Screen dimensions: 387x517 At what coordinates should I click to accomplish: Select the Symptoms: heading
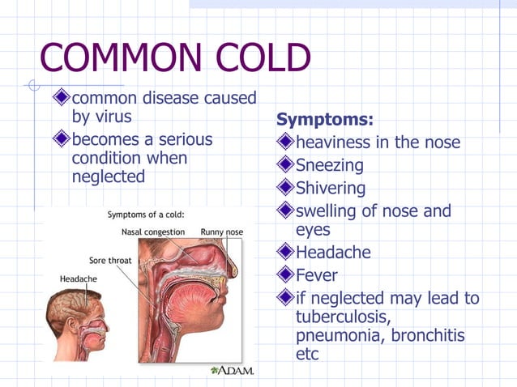[x=325, y=120]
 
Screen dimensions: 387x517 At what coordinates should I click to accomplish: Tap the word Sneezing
[x=330, y=165]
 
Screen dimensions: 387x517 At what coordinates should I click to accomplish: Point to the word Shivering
[x=331, y=189]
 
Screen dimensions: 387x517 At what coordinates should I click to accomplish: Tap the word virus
[x=111, y=117]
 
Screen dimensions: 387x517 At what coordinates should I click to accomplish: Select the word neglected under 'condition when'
[x=108, y=176]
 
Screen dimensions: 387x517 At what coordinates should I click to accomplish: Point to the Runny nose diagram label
[x=221, y=232]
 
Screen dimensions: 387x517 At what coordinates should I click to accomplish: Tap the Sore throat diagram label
[x=110, y=261]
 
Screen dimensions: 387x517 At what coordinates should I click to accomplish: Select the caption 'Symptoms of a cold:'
[x=146, y=215]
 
